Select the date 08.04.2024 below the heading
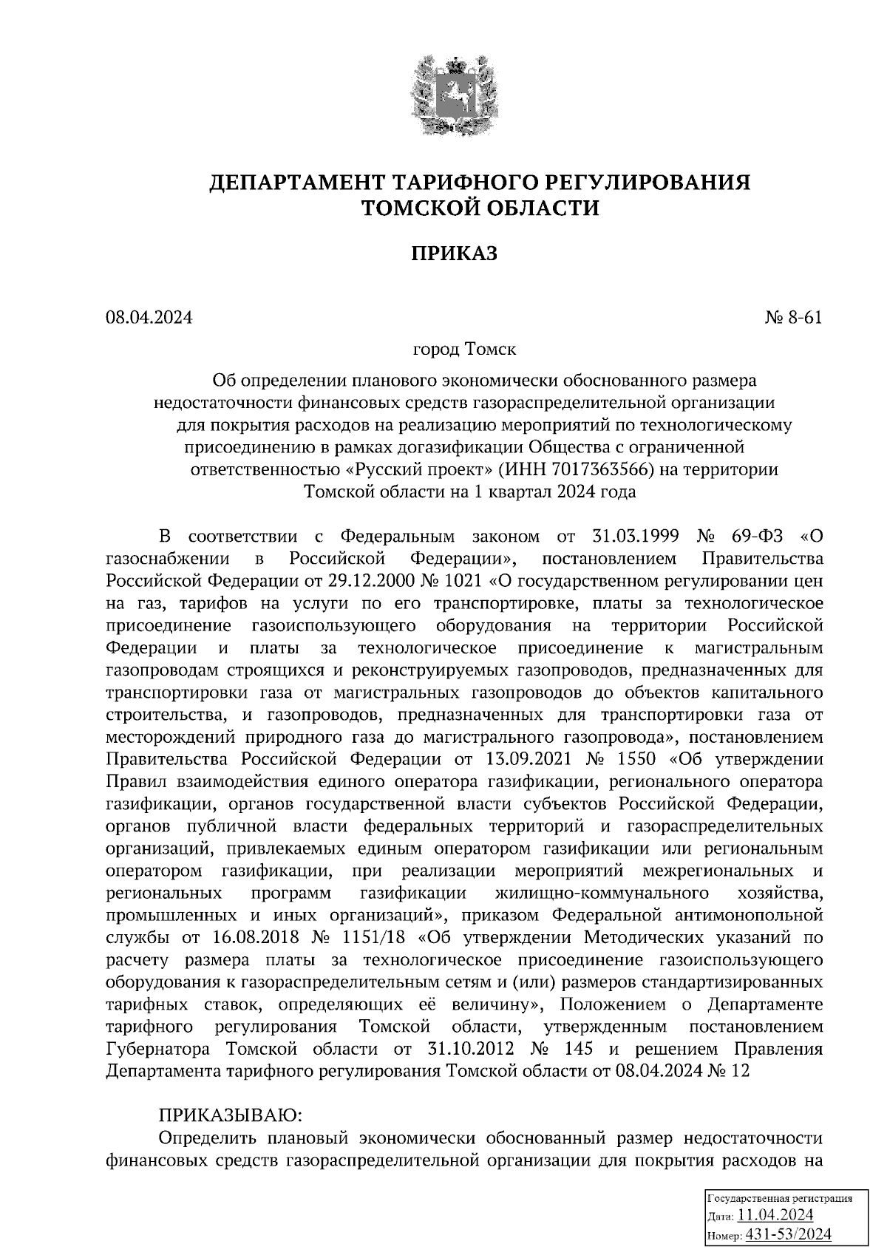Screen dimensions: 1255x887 149,318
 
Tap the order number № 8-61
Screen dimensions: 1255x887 793,318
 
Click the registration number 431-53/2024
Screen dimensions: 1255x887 788,1234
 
